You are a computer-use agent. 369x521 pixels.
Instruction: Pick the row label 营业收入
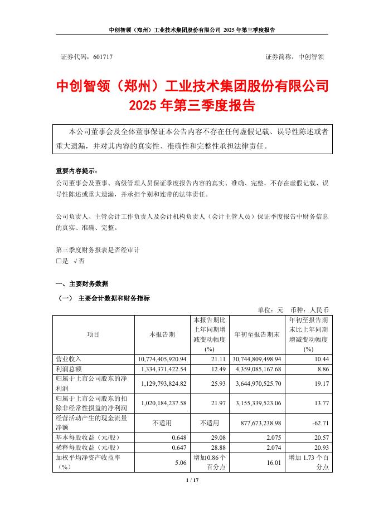(x=69, y=360)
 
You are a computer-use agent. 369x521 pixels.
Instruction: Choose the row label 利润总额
(x=69, y=370)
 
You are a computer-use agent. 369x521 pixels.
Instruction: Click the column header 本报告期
(x=162, y=335)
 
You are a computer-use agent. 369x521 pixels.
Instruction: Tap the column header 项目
(x=93, y=335)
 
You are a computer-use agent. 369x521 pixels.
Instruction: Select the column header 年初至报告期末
(x=257, y=335)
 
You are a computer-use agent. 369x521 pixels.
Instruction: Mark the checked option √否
(x=80, y=260)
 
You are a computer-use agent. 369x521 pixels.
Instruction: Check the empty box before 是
(x=59, y=260)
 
